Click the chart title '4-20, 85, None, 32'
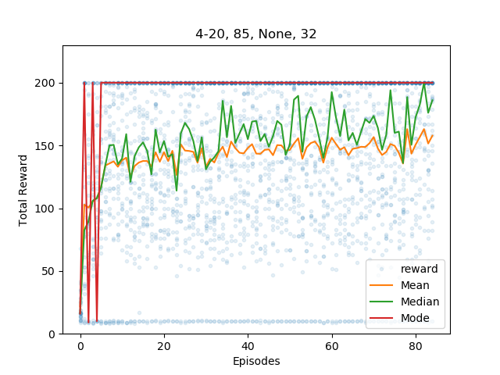tap(256, 34)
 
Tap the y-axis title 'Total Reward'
tap(23, 191)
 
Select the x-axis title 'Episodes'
tap(256, 361)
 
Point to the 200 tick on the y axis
tap(45, 84)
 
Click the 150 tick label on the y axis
tap(45, 146)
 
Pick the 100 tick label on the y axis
tap(45, 209)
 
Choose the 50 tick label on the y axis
tap(48, 272)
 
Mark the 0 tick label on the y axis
tap(52, 334)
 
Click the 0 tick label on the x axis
tap(80, 346)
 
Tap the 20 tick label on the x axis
tap(164, 346)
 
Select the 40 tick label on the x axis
tap(248, 346)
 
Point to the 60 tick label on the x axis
tap(331, 346)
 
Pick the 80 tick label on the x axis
tap(415, 346)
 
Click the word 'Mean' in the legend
tap(415, 285)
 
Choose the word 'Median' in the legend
tap(420, 302)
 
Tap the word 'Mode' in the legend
tap(415, 318)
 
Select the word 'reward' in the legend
tap(420, 269)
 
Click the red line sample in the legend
tap(381, 318)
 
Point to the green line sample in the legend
tap(381, 302)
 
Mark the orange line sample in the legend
tap(381, 285)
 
